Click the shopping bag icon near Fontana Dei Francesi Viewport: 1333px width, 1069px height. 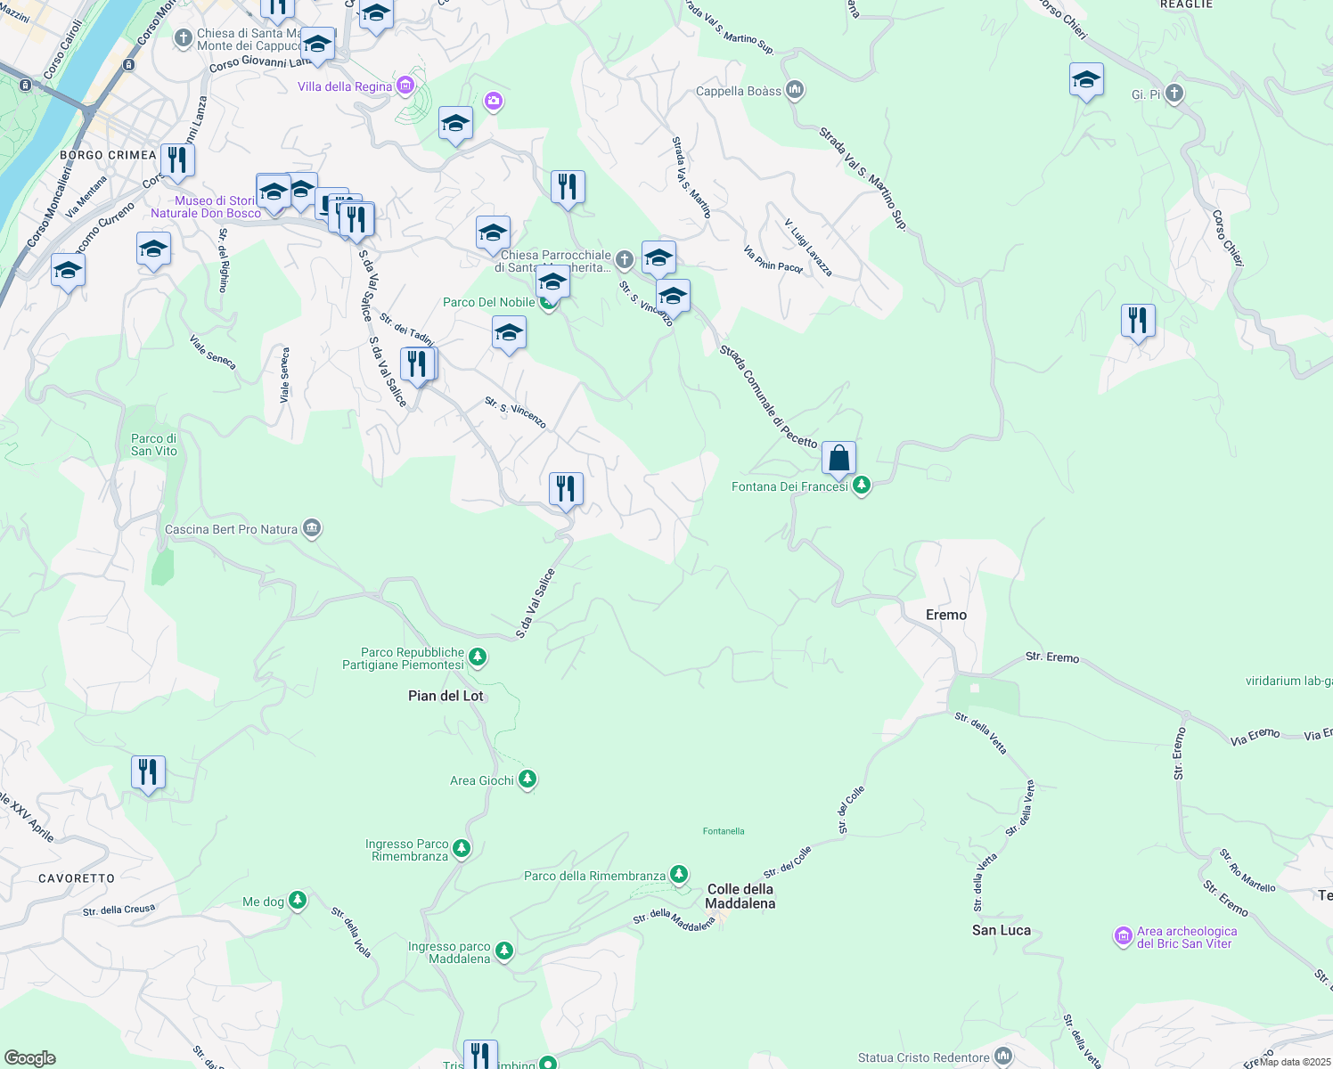coord(838,458)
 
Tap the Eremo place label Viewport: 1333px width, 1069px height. coord(945,615)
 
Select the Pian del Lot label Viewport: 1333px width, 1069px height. coord(446,696)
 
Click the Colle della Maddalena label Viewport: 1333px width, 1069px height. coord(740,896)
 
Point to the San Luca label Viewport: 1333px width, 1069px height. coord(1002,930)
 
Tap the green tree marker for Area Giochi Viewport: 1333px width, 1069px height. coord(527,780)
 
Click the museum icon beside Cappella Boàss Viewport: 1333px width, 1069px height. coord(795,90)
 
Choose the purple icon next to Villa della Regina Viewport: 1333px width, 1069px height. coord(405,86)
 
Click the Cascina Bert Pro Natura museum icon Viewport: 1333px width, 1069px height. coord(311,529)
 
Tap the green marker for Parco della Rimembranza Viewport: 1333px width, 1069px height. coord(679,875)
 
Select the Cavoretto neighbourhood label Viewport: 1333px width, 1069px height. coord(77,878)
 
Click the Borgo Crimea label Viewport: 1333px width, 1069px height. coord(108,155)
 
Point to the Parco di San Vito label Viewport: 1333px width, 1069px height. coord(154,445)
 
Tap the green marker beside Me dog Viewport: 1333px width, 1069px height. coord(298,901)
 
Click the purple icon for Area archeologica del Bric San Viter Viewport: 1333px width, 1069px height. coord(1123,936)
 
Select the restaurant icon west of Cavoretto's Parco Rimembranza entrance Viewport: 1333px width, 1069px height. coord(148,772)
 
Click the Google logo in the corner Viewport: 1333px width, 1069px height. coord(29,1058)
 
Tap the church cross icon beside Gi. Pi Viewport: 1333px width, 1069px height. coord(1174,94)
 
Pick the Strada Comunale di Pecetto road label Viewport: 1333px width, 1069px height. coord(768,397)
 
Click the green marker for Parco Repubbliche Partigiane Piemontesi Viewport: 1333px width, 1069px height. coord(478,657)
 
